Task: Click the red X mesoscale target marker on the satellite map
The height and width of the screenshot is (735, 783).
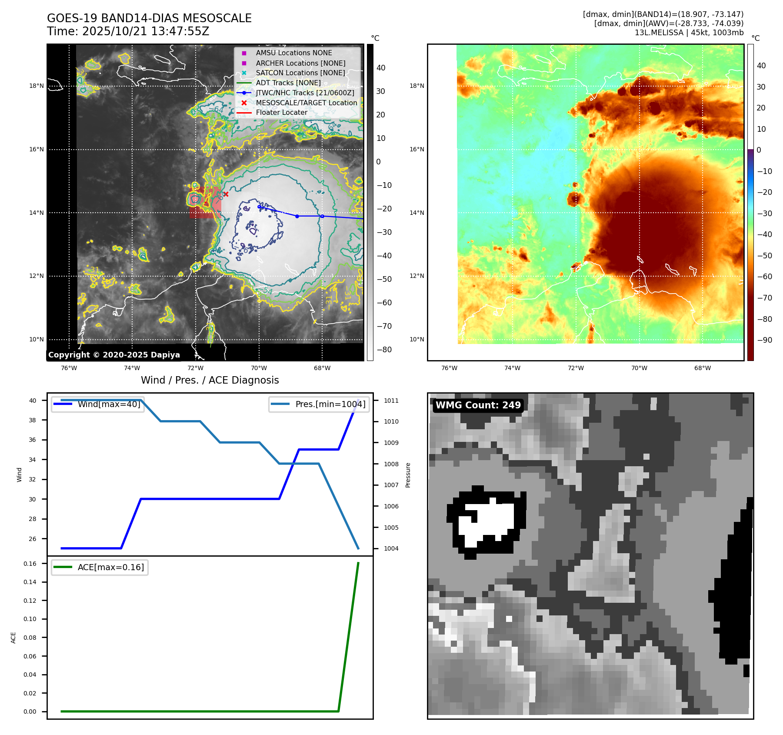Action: pyautogui.click(x=226, y=194)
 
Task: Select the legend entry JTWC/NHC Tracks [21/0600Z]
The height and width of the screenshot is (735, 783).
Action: pyautogui.click(x=305, y=93)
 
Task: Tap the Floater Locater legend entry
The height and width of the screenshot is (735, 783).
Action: pyautogui.click(x=281, y=113)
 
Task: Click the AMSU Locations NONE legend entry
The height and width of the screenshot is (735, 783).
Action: pyautogui.click(x=293, y=53)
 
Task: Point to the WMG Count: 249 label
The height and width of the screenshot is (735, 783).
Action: pyautogui.click(x=478, y=405)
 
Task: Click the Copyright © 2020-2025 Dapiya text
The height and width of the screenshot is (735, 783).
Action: pyautogui.click(x=114, y=355)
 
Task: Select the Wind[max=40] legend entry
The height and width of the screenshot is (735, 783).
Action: pyautogui.click(x=109, y=404)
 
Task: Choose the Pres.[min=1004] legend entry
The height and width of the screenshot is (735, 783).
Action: pyautogui.click(x=330, y=404)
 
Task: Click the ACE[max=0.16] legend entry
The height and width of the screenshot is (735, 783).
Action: pyautogui.click(x=110, y=568)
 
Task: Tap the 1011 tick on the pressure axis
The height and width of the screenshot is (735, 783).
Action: pyautogui.click(x=391, y=401)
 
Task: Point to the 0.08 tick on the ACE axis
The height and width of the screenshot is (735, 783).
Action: pyautogui.click(x=30, y=638)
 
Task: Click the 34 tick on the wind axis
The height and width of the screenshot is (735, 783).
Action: pyautogui.click(x=33, y=460)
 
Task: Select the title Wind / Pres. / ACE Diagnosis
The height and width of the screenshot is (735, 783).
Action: pyautogui.click(x=210, y=380)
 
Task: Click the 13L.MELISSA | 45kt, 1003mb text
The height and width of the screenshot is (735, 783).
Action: pyautogui.click(x=689, y=33)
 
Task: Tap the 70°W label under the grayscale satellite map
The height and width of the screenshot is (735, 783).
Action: pyautogui.click(x=259, y=368)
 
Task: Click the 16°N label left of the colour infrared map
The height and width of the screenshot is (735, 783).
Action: pyautogui.click(x=416, y=149)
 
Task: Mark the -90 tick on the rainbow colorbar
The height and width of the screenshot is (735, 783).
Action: pyautogui.click(x=764, y=340)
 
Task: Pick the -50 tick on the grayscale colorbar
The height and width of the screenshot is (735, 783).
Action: pyautogui.click(x=384, y=279)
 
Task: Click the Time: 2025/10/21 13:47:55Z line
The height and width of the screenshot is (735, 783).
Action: pyautogui.click(x=128, y=31)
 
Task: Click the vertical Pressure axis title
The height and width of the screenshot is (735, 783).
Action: pyautogui.click(x=408, y=475)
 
